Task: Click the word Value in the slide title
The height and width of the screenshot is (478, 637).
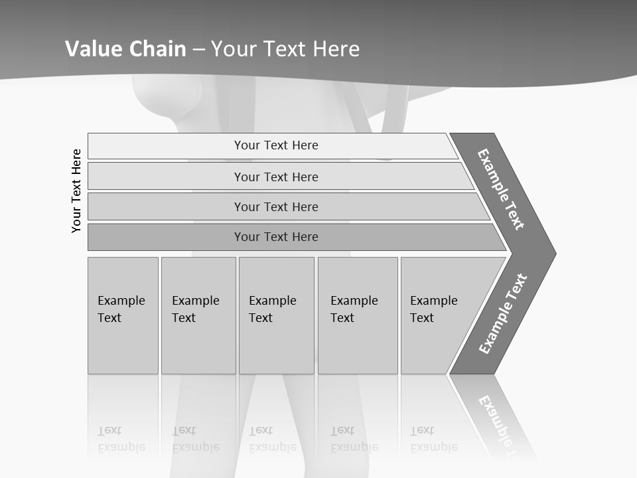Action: [x=92, y=48]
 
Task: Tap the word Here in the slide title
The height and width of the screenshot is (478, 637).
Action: [x=336, y=48]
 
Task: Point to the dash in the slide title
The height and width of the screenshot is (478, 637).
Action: [x=198, y=49]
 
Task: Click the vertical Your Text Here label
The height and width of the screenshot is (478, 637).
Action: [x=76, y=191]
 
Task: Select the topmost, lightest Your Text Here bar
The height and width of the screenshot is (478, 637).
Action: [x=275, y=145]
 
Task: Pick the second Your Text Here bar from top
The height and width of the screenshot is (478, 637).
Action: [x=275, y=177]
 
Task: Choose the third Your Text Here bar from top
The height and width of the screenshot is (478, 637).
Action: [x=275, y=206]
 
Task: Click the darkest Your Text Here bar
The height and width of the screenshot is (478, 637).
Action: [x=275, y=237]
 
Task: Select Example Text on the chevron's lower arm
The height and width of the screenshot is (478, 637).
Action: [x=502, y=314]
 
